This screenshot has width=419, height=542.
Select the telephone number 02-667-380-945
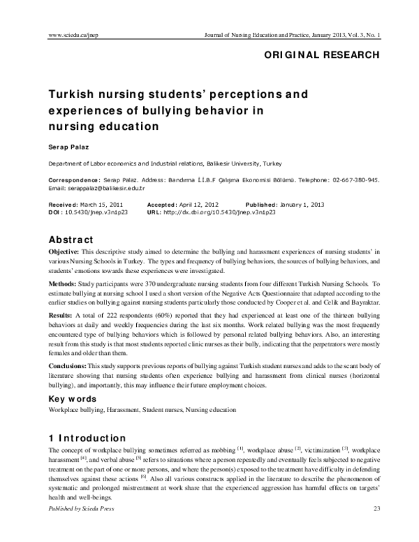[353, 180]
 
